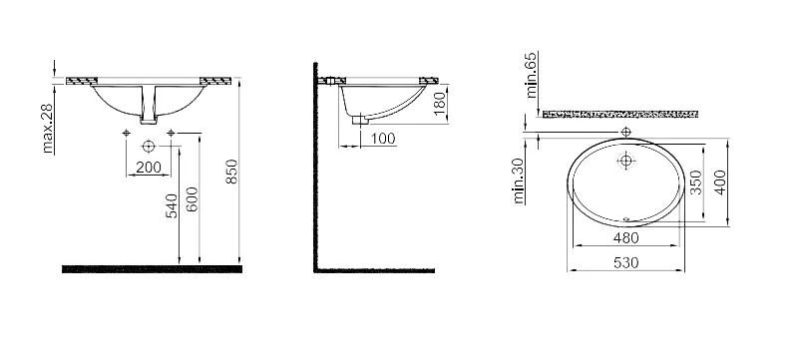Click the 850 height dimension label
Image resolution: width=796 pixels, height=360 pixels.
click(x=231, y=172)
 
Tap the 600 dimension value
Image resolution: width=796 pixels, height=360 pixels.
click(x=192, y=199)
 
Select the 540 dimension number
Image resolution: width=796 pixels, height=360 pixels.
click(x=173, y=206)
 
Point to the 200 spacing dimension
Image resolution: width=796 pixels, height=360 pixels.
click(x=149, y=168)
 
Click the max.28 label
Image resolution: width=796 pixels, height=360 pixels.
click(x=48, y=130)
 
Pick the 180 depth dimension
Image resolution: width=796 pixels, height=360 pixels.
click(x=440, y=102)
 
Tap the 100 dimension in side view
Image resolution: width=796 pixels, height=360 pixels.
click(x=383, y=139)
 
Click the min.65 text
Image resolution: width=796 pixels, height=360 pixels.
click(x=531, y=75)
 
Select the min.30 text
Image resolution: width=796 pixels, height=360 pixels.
click(x=519, y=181)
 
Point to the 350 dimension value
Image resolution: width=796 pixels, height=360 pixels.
click(x=696, y=182)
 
